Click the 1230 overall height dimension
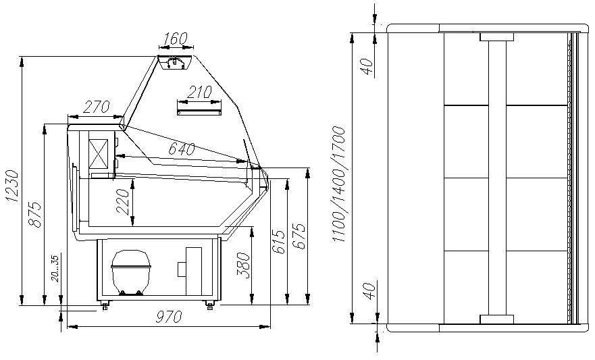pos(12,186)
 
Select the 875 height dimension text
pos(35,215)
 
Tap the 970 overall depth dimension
pos(169,316)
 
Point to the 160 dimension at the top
pos(176,38)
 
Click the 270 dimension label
pos(97,107)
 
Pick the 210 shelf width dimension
pos(199,92)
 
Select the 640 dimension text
pos(182,149)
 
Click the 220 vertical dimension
pos(123,202)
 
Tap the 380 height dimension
pos(244,265)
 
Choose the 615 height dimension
pos(278,242)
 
